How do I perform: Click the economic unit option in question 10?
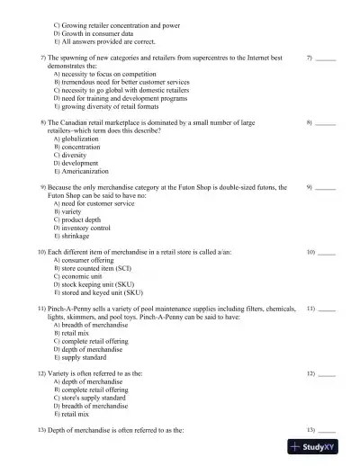(x=84, y=276)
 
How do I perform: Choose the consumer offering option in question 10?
(x=91, y=260)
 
